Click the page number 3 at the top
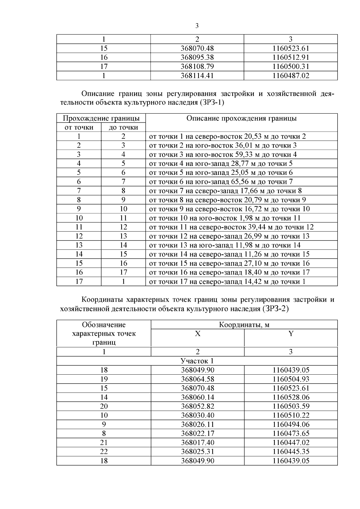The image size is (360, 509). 197,26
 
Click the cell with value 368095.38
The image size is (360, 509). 197,57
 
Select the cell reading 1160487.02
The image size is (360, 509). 290,76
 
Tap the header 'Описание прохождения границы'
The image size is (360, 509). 241,118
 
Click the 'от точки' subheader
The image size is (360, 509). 79,127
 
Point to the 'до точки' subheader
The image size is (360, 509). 123,127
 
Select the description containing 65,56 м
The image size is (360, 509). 221,182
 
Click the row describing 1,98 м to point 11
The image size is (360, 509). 225,218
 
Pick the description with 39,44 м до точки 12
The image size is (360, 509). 231,227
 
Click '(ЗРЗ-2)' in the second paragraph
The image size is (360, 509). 275,309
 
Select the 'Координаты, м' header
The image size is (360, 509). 244,325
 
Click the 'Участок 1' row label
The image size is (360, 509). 197,361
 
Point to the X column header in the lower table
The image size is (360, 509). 197,334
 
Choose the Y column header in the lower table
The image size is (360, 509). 290,334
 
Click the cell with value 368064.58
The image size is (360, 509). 197,379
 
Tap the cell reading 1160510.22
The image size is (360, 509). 290,415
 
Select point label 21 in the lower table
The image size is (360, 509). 104,443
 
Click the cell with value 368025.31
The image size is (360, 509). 197,452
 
